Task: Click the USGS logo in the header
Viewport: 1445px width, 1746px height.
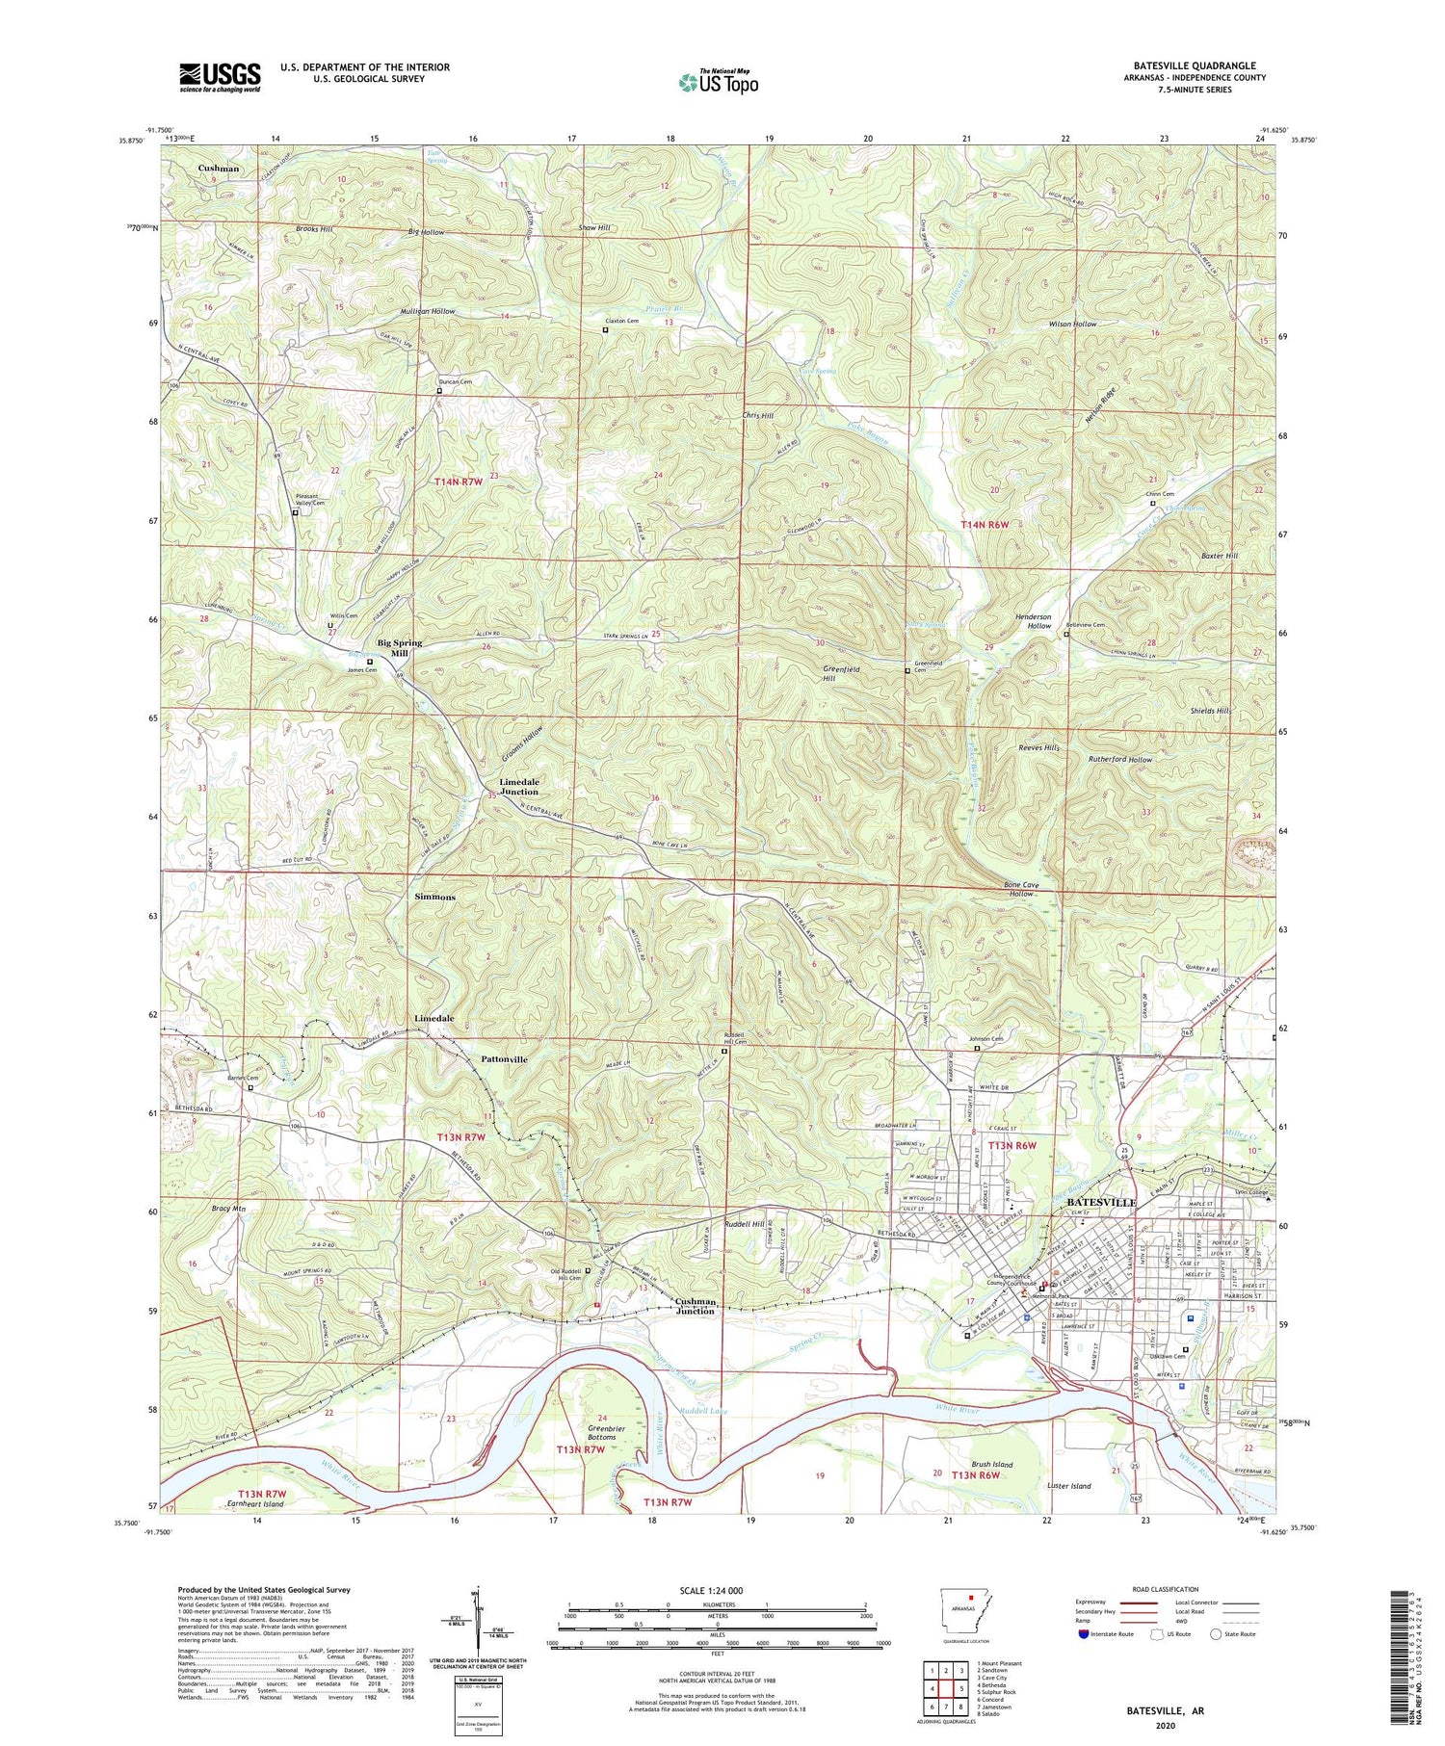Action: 220,77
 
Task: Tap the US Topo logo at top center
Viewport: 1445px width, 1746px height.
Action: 718,83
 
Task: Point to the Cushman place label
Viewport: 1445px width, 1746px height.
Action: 219,169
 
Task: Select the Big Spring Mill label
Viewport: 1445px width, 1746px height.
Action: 399,647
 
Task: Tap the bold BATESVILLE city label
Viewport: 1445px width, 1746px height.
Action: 1095,1203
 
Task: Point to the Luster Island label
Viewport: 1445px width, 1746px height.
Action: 1068,1486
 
